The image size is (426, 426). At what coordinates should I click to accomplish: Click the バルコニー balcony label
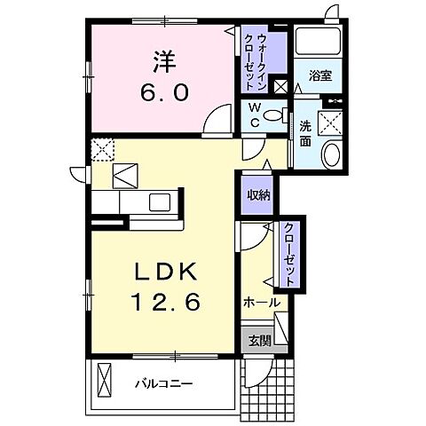click(x=164, y=383)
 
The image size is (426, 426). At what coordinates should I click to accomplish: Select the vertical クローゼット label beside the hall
click(x=289, y=252)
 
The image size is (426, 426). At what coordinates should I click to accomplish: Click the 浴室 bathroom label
click(x=320, y=76)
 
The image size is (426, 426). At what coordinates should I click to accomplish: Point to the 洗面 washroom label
click(x=304, y=133)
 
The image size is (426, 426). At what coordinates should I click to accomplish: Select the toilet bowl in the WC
click(x=277, y=115)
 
